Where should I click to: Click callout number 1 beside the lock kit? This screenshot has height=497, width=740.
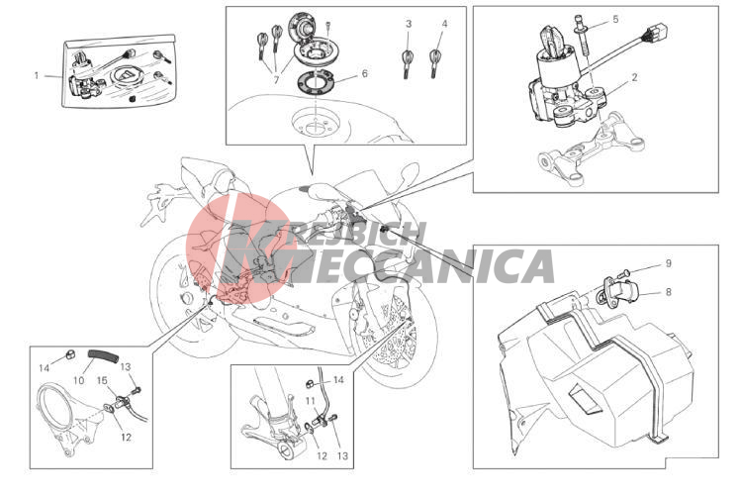click(37, 75)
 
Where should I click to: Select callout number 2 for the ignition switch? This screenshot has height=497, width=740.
click(635, 77)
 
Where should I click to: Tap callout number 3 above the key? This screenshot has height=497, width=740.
click(409, 24)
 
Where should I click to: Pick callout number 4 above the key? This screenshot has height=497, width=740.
click(444, 24)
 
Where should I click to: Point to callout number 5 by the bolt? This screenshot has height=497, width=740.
click(615, 20)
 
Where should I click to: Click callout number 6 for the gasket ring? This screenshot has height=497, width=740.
click(364, 73)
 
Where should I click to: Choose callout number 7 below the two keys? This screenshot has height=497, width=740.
click(277, 80)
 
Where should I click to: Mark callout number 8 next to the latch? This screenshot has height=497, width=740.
click(668, 292)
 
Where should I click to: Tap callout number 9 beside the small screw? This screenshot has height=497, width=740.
click(668, 263)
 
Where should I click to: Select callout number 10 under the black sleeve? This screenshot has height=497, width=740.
click(78, 380)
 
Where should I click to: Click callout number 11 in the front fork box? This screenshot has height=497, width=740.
click(310, 401)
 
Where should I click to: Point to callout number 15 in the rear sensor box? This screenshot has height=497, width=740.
click(102, 380)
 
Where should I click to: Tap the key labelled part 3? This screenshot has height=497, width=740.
click(407, 63)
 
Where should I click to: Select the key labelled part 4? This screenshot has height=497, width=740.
click(434, 63)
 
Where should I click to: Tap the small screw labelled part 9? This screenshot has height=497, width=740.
click(623, 273)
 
